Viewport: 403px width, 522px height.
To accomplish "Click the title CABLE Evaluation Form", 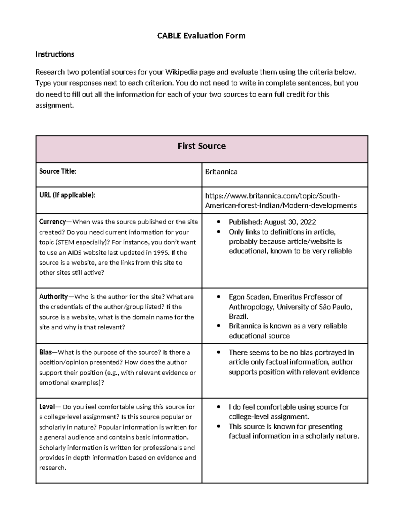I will click(x=201, y=36).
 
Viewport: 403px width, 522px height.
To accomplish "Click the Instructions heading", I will click(x=55, y=54).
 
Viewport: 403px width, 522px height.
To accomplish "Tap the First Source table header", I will click(x=201, y=146).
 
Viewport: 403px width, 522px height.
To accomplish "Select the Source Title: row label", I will click(x=58, y=171).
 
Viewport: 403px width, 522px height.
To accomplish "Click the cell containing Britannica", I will click(x=221, y=172).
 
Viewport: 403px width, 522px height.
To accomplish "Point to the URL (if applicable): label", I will click(x=67, y=195).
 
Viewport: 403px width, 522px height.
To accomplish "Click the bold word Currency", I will click(x=52, y=222).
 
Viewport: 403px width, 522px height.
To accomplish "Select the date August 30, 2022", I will click(x=290, y=222).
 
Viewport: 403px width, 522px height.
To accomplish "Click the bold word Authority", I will click(x=53, y=297).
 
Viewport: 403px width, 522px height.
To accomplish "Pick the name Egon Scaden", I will click(x=249, y=297).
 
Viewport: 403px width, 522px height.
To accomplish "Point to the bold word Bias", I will click(x=45, y=352).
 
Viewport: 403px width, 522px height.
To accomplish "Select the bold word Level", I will click(x=47, y=407).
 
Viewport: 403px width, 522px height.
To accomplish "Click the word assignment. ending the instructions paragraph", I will click(x=54, y=105).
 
